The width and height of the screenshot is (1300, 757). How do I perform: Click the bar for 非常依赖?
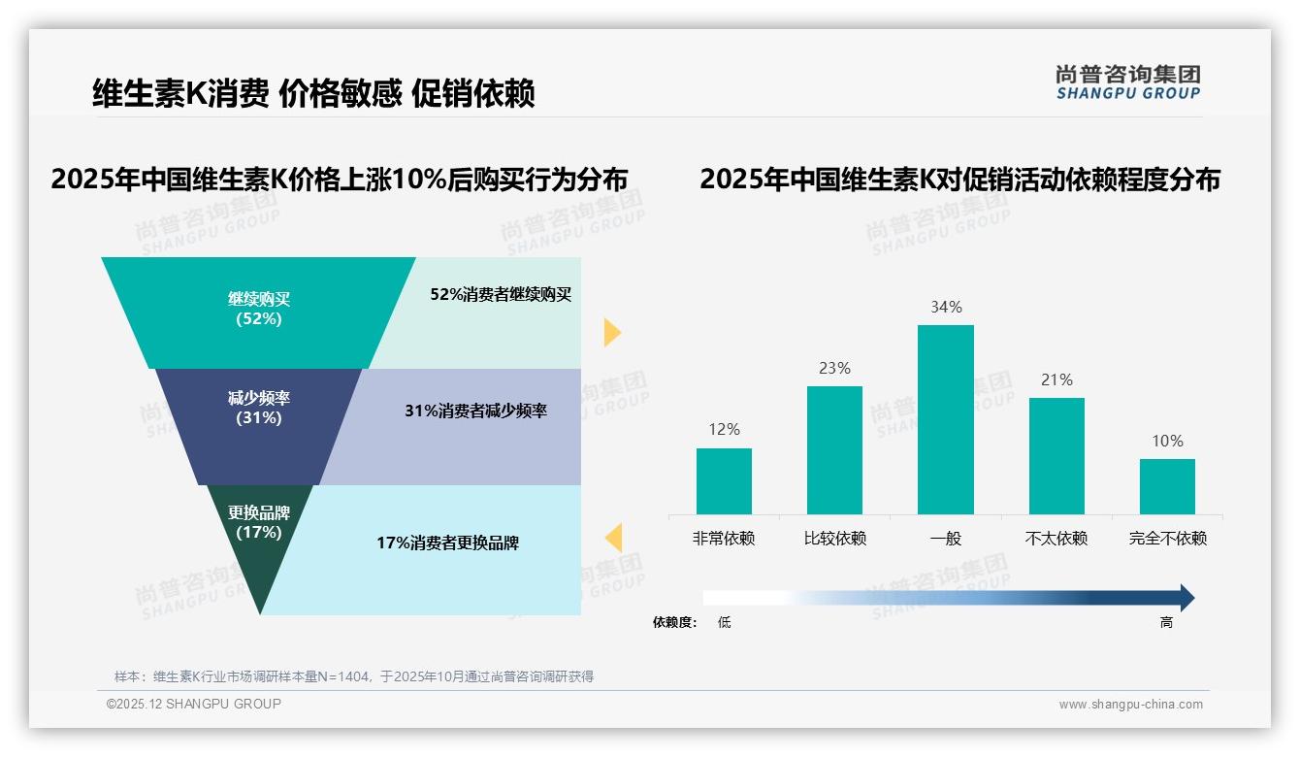[724, 480]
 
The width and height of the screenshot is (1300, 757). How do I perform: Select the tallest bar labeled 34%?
[945, 419]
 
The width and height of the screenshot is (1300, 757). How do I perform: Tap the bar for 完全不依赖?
[1167, 486]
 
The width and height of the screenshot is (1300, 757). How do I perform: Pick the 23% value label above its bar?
[834, 368]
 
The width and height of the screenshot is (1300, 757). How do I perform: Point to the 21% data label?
[1056, 379]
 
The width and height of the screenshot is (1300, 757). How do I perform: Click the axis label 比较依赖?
[834, 538]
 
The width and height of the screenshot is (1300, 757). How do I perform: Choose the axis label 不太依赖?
[1056, 538]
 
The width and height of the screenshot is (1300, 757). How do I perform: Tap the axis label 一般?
[945, 538]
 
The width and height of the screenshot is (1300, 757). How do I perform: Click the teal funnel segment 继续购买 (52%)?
[259, 311]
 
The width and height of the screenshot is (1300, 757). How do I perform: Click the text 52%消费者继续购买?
[501, 295]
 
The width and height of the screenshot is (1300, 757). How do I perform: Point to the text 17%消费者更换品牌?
[447, 543]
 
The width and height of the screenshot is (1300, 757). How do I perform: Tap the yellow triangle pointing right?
[611, 332]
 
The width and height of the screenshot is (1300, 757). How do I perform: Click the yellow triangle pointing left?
[613, 537]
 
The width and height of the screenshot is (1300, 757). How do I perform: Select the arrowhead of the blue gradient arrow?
[1186, 598]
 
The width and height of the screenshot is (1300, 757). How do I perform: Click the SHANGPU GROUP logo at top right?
[1127, 82]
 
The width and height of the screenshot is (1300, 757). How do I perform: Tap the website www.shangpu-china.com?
[1130, 705]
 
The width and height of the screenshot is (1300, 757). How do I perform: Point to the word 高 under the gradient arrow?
[1166, 623]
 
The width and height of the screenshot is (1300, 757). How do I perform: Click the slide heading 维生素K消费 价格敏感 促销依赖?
[313, 94]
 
